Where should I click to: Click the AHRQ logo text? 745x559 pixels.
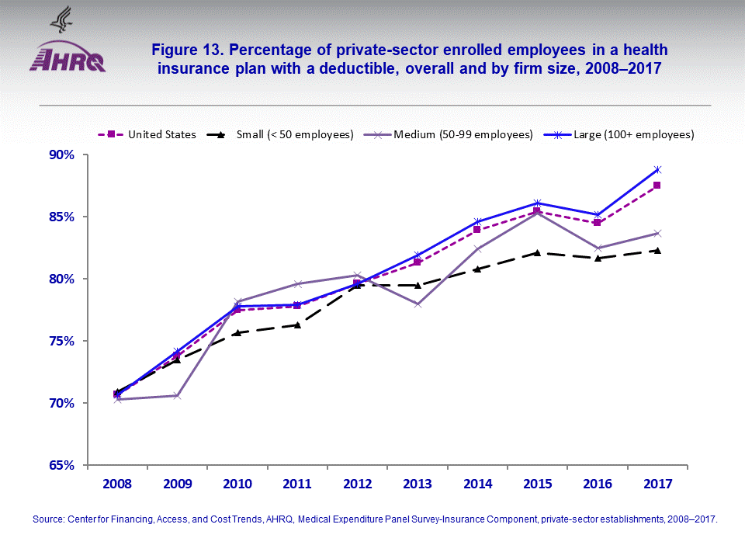pyautogui.click(x=68, y=60)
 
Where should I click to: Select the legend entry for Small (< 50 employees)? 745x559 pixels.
pyautogui.click(x=286, y=134)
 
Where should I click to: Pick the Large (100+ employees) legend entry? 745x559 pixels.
pyautogui.click(x=629, y=134)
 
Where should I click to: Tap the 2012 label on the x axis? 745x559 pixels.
pyautogui.click(x=357, y=484)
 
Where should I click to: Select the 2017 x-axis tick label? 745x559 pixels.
pyautogui.click(x=657, y=484)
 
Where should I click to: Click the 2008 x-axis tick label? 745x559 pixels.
pyautogui.click(x=117, y=484)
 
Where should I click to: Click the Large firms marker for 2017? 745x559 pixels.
pyautogui.click(x=657, y=169)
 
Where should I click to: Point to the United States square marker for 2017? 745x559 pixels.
pyautogui.click(x=657, y=186)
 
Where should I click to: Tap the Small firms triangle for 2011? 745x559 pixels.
pyautogui.click(x=297, y=325)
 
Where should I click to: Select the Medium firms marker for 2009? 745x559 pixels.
pyautogui.click(x=177, y=396)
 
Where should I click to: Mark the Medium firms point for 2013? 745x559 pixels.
pyautogui.click(x=418, y=304)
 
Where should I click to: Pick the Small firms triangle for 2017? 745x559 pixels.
pyautogui.click(x=657, y=250)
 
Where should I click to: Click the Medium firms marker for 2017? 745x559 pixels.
pyautogui.click(x=657, y=233)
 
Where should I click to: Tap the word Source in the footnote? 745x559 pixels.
pyautogui.click(x=48, y=519)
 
